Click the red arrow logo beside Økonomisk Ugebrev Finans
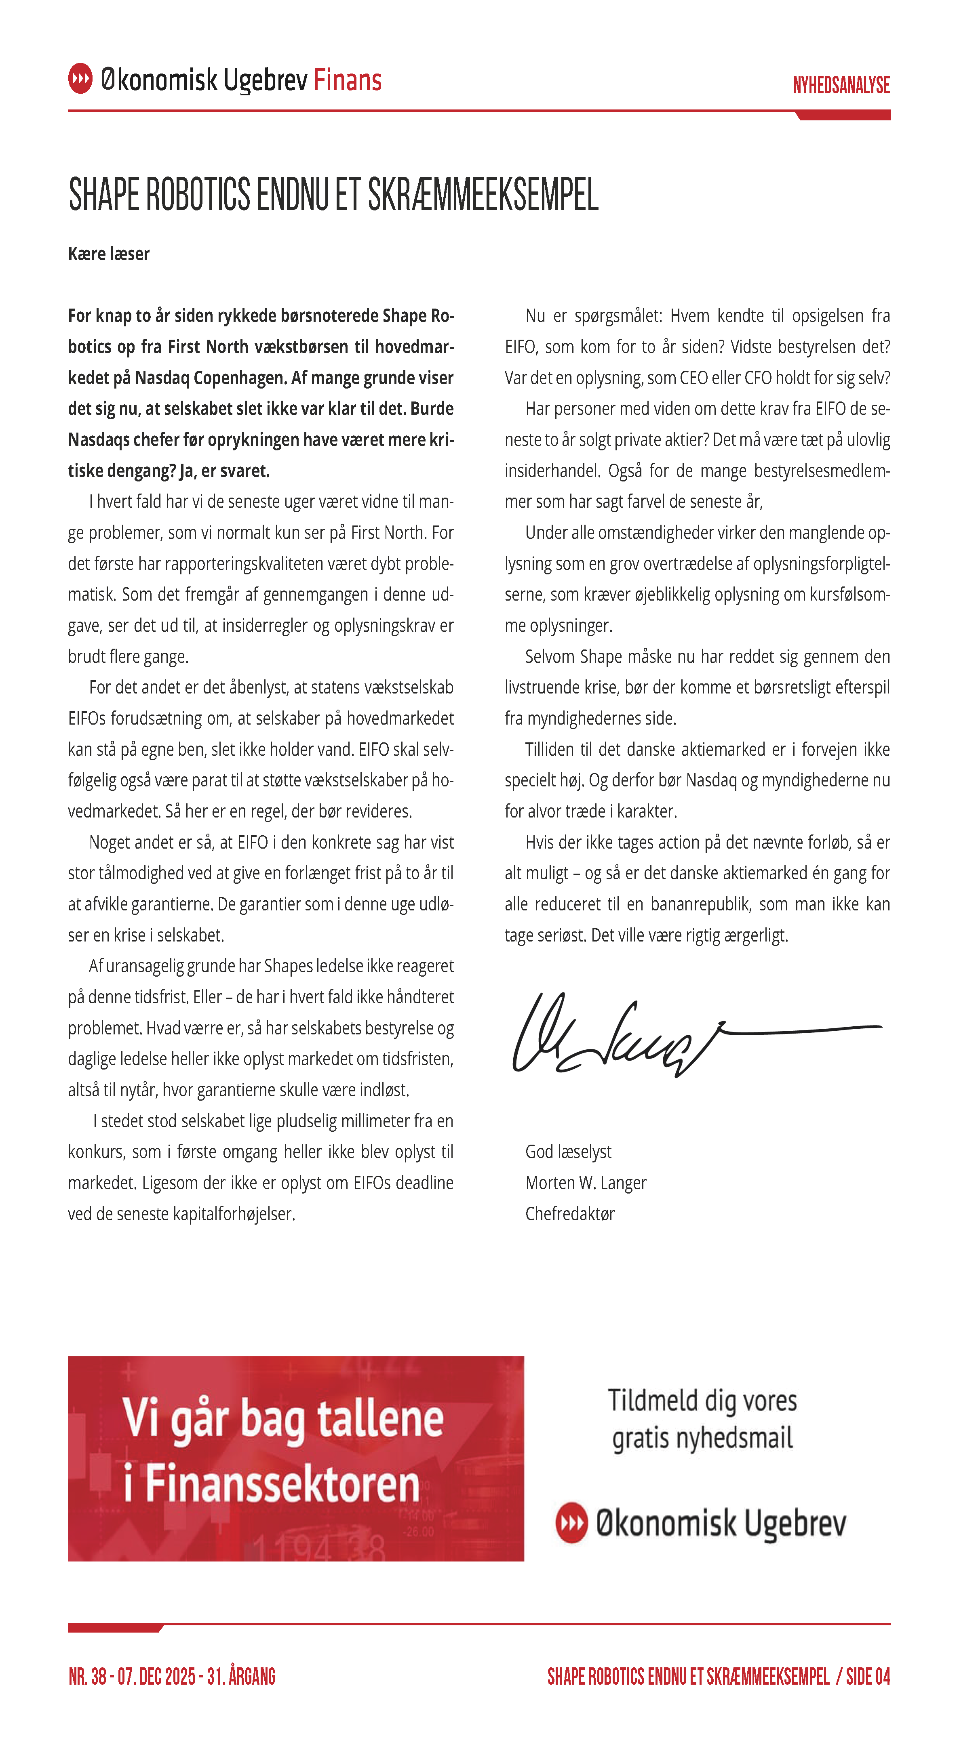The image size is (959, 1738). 80,78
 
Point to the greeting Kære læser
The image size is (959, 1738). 109,254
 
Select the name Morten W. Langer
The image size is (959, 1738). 585,1183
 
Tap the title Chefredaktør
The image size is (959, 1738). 569,1214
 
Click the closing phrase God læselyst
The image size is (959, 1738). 568,1152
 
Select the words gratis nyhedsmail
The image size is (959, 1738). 702,1438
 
